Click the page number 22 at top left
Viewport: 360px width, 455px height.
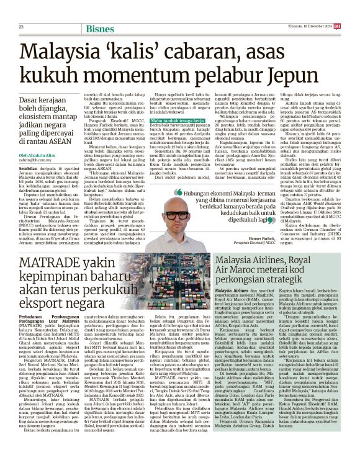tap(20, 9)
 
